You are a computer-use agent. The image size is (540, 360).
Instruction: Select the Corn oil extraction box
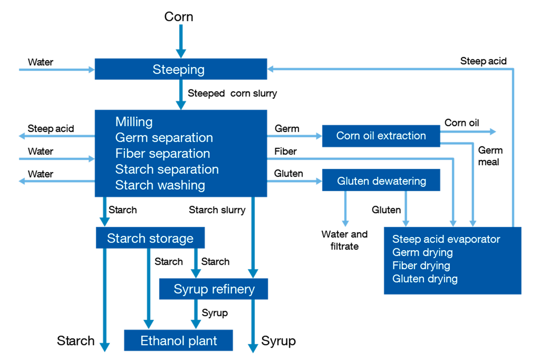(x=381, y=136)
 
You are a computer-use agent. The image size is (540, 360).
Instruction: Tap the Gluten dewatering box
(x=381, y=181)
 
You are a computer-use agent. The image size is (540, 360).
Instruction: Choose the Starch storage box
(x=150, y=238)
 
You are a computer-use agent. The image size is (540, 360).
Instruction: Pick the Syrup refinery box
(x=214, y=289)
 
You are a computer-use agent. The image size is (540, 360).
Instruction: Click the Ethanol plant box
(x=179, y=341)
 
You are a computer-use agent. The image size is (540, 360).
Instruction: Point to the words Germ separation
(x=164, y=138)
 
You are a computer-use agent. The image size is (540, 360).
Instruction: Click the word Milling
(x=134, y=122)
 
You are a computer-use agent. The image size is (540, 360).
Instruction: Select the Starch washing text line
(x=160, y=185)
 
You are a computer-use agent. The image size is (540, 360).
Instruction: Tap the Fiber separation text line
(x=162, y=153)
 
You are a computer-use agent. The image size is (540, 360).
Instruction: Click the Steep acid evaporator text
(x=446, y=239)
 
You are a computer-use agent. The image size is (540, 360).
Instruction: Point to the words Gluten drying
(x=425, y=279)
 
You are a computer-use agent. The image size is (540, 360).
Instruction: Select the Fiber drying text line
(x=421, y=265)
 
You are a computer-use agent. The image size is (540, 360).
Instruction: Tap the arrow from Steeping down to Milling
(x=181, y=94)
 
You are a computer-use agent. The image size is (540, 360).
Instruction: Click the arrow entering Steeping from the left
(x=56, y=70)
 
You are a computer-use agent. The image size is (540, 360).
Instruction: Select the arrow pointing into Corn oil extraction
(x=295, y=136)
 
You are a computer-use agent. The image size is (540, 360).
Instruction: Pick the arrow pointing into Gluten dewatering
(x=295, y=181)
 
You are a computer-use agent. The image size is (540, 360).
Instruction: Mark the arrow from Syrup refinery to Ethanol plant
(x=196, y=315)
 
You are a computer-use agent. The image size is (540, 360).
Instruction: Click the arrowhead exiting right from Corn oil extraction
(x=492, y=132)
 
